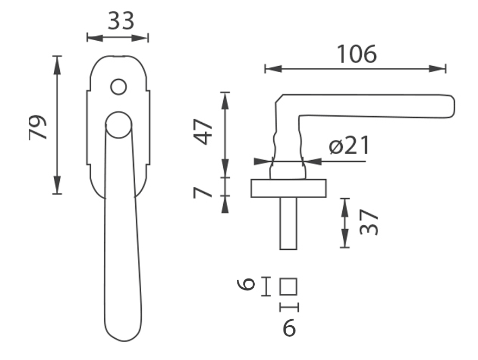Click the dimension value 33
click(121, 21)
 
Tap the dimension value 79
click(38, 128)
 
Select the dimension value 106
click(357, 54)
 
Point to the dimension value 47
click(203, 132)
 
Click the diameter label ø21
click(349, 145)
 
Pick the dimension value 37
click(369, 222)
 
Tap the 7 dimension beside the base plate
click(203, 193)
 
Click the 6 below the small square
click(290, 327)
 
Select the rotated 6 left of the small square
click(246, 284)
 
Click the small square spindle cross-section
click(288, 287)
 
